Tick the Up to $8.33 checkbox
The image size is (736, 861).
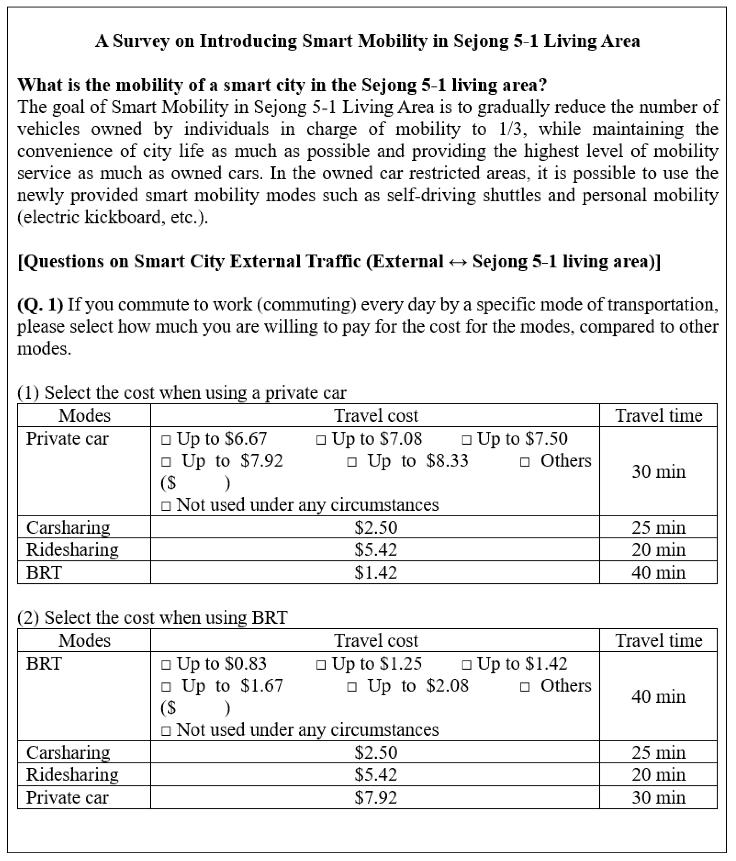point(352,462)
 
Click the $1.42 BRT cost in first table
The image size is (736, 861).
point(376,573)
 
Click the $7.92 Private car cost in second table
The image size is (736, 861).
point(376,797)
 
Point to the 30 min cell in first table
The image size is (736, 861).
point(658,472)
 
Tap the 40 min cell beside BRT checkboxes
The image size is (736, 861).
point(658,696)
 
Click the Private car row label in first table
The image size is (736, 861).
point(67,439)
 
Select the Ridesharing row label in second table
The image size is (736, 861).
point(72,775)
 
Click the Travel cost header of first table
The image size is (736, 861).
point(376,415)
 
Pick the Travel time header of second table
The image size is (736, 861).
point(658,640)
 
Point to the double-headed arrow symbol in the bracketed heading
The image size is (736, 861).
point(458,262)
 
